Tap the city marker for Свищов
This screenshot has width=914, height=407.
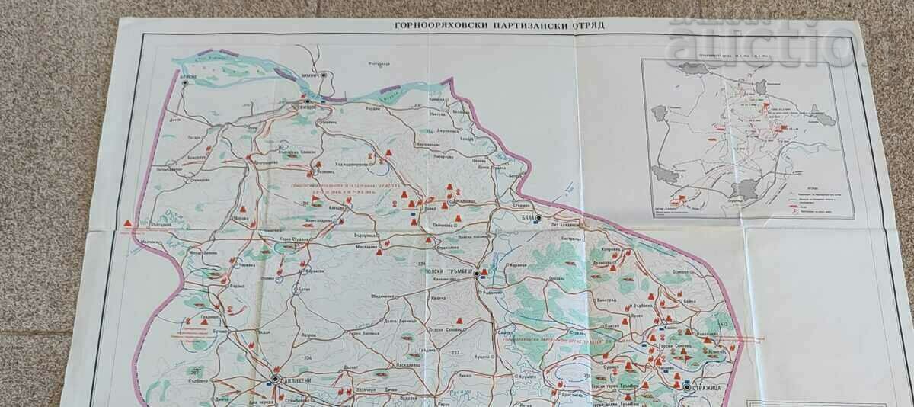click(x=307, y=100)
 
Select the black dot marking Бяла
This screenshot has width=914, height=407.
click(x=538, y=218)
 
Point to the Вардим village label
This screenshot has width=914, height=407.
click(x=373, y=107)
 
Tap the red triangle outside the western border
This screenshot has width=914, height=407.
click(x=126, y=222)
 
